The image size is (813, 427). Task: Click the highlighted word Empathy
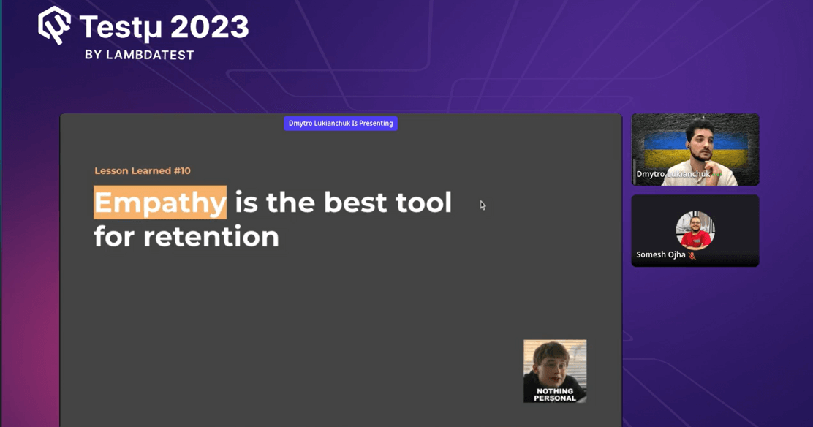tap(160, 203)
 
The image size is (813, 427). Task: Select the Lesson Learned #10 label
tap(143, 171)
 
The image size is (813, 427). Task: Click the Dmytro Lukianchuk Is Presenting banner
tap(341, 124)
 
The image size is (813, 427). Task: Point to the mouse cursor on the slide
tap(482, 205)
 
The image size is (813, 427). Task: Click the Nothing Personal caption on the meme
tap(554, 395)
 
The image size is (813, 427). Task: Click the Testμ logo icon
tap(54, 25)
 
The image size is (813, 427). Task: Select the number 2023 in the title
tap(209, 28)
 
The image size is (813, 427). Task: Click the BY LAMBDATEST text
tap(139, 55)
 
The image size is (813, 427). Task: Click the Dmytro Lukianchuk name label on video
tap(673, 174)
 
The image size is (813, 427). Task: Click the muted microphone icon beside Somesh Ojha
tap(692, 255)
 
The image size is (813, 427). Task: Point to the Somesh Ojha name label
tap(661, 254)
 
